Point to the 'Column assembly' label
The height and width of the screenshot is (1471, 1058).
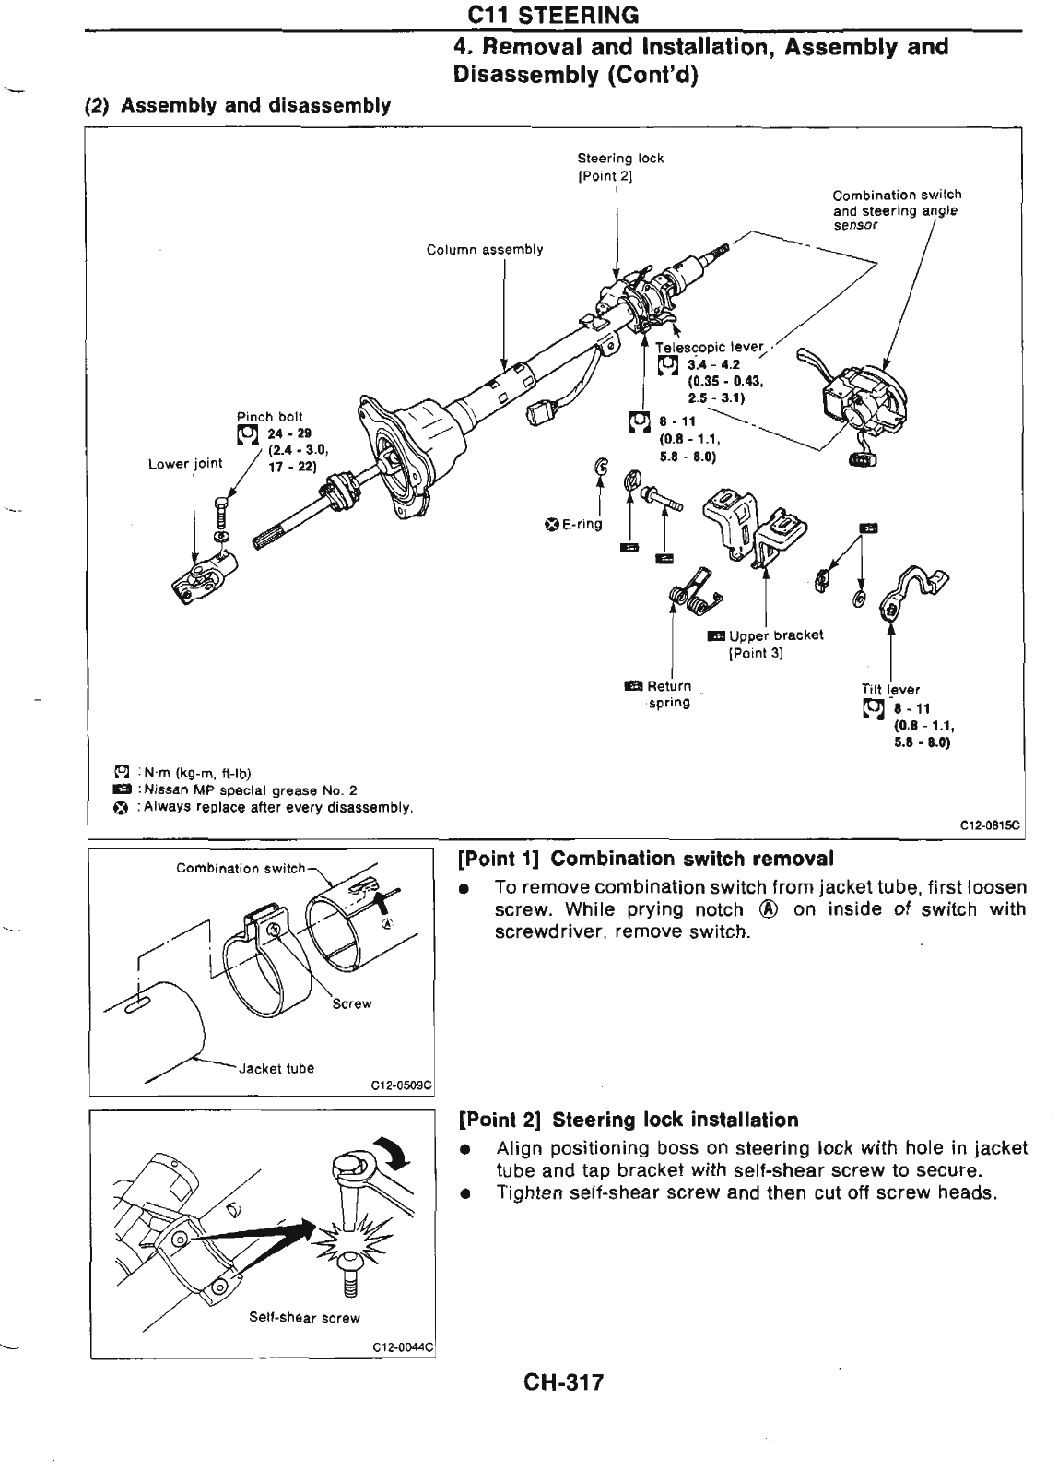(x=485, y=250)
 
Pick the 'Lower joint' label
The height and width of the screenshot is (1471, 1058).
(x=185, y=464)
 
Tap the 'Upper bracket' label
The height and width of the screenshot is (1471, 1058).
(x=775, y=635)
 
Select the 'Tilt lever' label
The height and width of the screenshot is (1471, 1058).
(x=889, y=689)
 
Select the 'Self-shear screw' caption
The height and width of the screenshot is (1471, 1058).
(x=304, y=1318)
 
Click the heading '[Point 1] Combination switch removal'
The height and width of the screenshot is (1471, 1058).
(x=646, y=859)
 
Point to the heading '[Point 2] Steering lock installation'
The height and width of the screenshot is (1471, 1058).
(x=629, y=1121)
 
